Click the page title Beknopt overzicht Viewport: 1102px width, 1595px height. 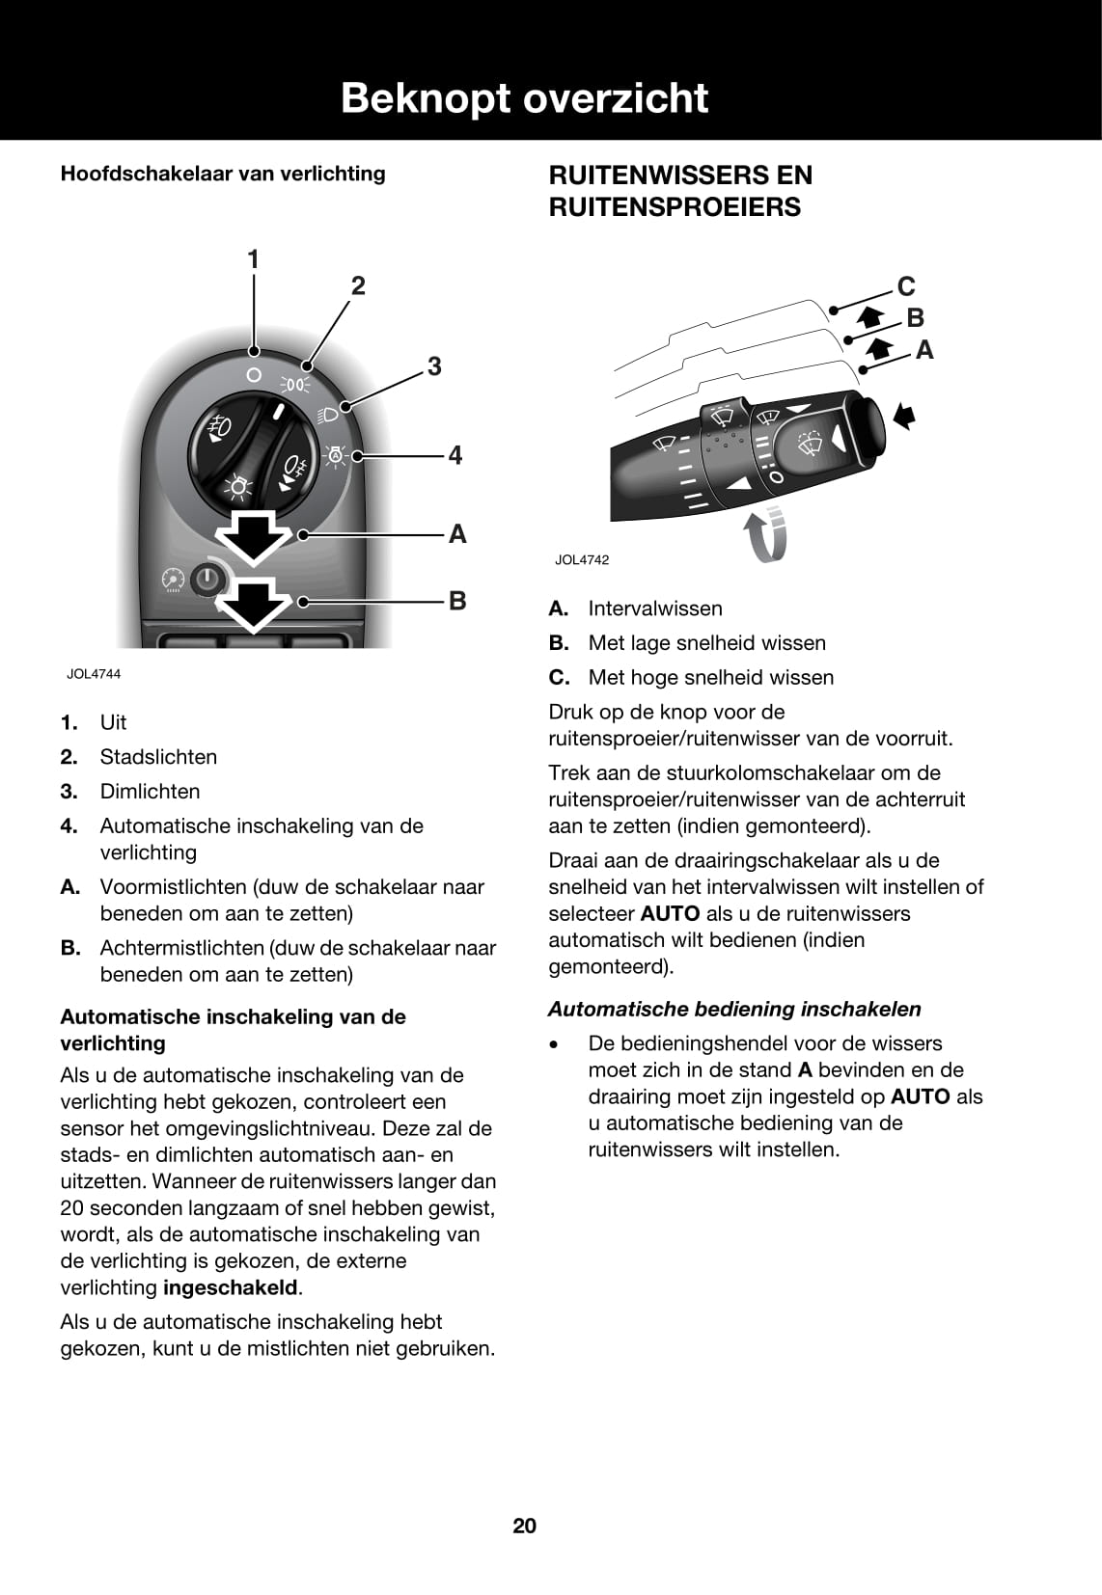(524, 98)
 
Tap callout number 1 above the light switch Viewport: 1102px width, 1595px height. (254, 259)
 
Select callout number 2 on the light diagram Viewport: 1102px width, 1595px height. (358, 285)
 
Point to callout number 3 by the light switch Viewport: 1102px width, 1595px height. (434, 366)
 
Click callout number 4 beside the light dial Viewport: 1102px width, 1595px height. (455, 455)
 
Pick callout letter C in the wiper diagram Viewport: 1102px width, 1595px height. (906, 286)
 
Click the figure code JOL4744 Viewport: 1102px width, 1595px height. (94, 674)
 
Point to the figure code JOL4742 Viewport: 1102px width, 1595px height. (582, 560)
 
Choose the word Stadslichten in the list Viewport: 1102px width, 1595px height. (158, 757)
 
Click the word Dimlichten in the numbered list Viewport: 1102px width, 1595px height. (150, 792)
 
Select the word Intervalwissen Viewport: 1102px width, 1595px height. (655, 608)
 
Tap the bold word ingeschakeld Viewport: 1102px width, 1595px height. (231, 1287)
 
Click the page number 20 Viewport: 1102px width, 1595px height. (525, 1526)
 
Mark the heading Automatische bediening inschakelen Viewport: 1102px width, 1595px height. (734, 1009)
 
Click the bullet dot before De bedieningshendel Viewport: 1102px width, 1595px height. (554, 1044)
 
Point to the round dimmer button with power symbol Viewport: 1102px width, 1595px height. (207, 580)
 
